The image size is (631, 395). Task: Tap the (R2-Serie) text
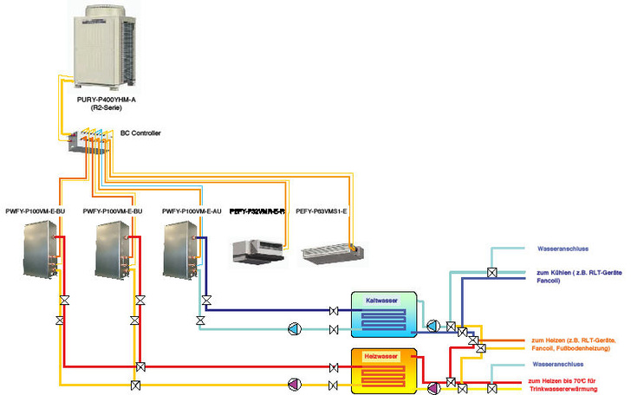[x=102, y=109]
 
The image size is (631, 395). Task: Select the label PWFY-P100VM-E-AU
[x=192, y=210]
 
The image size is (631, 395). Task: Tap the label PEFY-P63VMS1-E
[x=322, y=210]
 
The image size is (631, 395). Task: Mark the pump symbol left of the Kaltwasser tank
[x=295, y=328]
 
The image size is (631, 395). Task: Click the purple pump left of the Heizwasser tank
[x=295, y=384]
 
